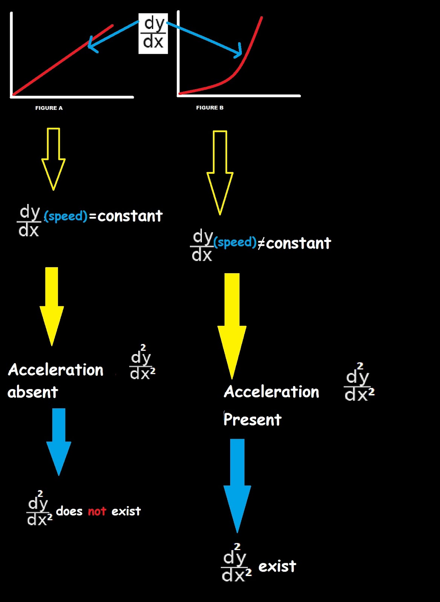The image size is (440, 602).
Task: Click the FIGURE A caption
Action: pyautogui.click(x=49, y=108)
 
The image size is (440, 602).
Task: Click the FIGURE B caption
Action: pyautogui.click(x=210, y=108)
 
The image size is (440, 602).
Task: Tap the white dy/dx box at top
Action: pyautogui.click(x=153, y=33)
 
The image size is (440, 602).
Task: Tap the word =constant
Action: pyautogui.click(x=126, y=216)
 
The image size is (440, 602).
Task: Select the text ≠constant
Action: pyautogui.click(x=294, y=243)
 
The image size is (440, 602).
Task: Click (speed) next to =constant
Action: pyautogui.click(x=66, y=216)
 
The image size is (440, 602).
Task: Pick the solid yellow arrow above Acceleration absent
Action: pyautogui.click(x=52, y=305)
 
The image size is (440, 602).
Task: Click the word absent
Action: pyautogui.click(x=33, y=392)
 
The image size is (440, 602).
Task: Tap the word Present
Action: pyautogui.click(x=252, y=419)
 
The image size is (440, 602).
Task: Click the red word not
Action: pyautogui.click(x=97, y=511)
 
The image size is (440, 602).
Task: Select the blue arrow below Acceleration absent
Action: pyautogui.click(x=59, y=440)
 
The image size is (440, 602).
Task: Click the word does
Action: pyautogui.click(x=69, y=511)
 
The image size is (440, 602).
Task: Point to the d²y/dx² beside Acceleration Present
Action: pyautogui.click(x=359, y=383)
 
